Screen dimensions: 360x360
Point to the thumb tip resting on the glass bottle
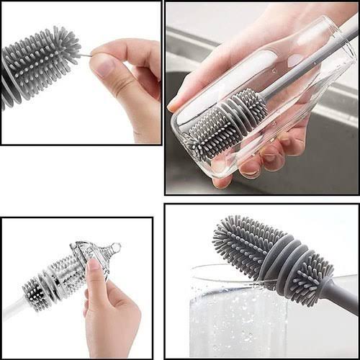(176, 104)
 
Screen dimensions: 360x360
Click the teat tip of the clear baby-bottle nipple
(115, 247)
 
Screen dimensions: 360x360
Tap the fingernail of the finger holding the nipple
(93, 265)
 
